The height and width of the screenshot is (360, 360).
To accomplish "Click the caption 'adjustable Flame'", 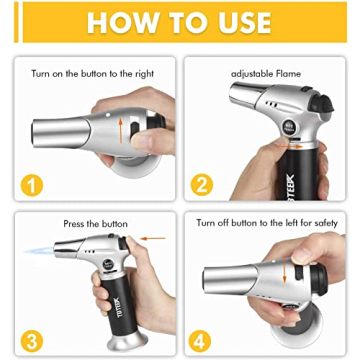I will point(265,74).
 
